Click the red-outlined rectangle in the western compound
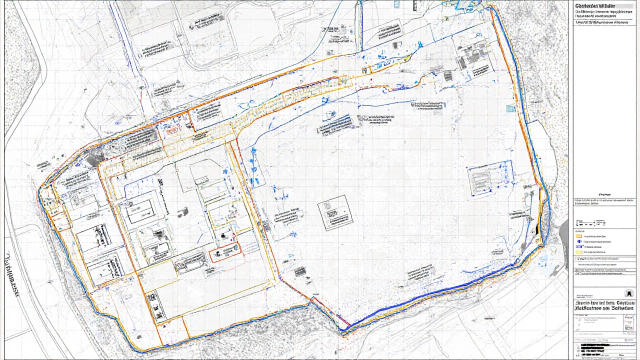[x=225, y=252]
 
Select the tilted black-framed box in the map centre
[x=335, y=212]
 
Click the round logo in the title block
[x=629, y=293]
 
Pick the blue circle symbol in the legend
[x=579, y=241]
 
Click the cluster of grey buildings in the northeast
[x=470, y=57]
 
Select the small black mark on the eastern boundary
[x=537, y=230]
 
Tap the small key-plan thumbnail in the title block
[x=628, y=325]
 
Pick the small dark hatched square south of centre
[x=300, y=272]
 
